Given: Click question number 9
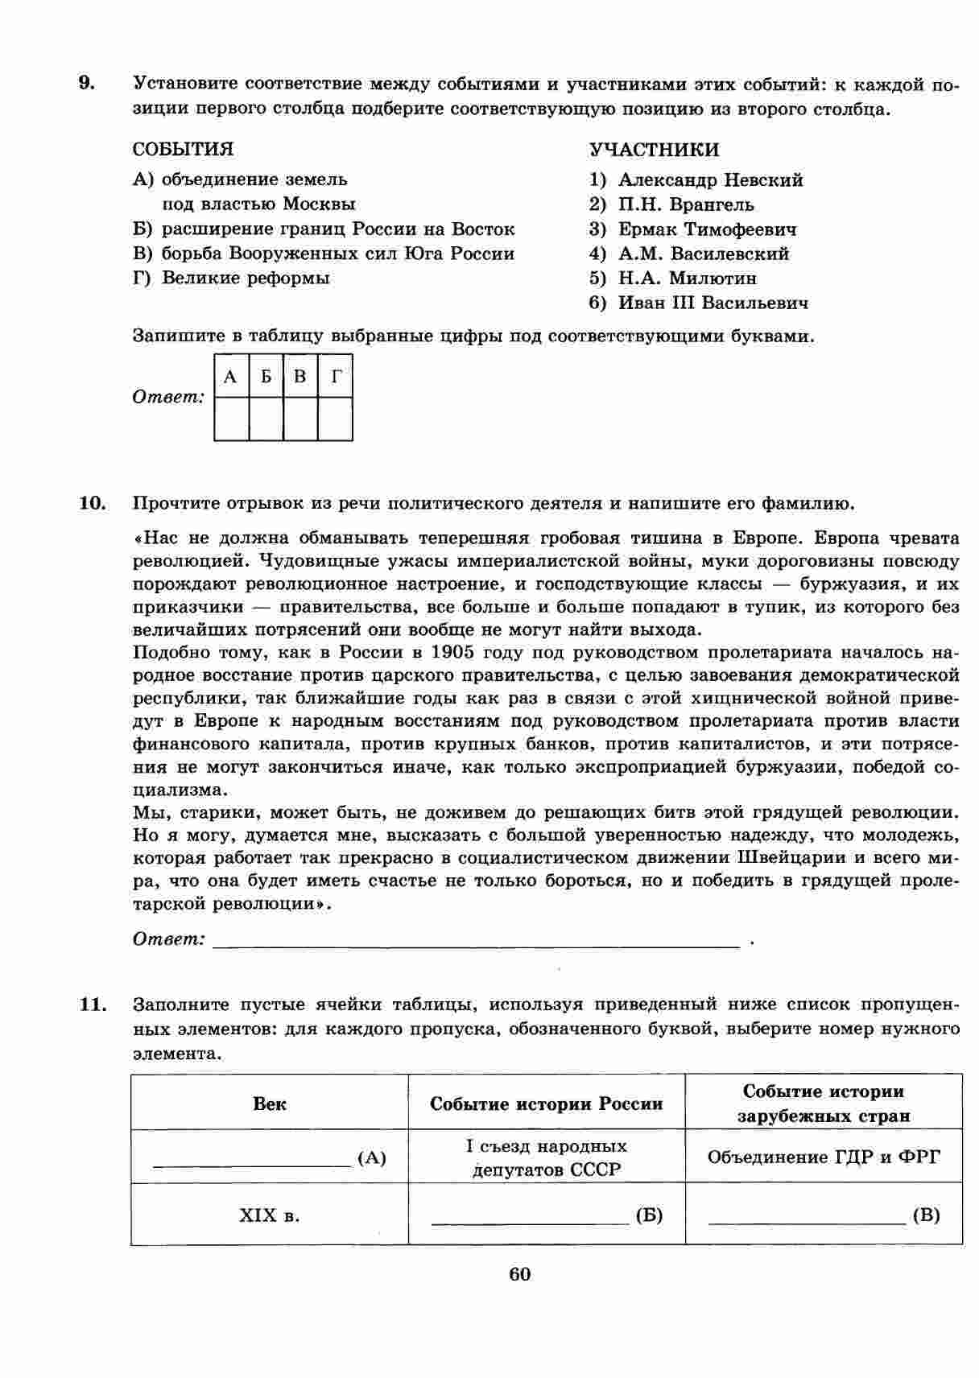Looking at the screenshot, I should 86,84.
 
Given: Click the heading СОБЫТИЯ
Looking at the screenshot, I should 183,150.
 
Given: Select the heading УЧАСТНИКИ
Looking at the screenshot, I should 654,150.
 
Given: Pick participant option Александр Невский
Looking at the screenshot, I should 710,180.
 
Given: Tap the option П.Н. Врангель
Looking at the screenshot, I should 686,204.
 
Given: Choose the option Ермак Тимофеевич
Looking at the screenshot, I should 707,229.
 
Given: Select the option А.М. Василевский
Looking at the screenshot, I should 704,254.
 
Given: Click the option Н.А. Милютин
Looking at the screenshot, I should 687,278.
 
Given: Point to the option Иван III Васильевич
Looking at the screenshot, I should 713,303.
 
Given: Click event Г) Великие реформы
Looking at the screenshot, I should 231,278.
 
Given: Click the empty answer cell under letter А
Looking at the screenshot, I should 231,419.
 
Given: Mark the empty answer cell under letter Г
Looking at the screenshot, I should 336,419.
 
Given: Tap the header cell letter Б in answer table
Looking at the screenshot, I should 266,377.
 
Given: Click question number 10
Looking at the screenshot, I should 93,504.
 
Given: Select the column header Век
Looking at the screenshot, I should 270,1104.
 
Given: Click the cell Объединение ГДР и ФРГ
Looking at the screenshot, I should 823,1157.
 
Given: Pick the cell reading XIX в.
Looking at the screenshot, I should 270,1215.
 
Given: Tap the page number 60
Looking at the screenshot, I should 520,1274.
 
